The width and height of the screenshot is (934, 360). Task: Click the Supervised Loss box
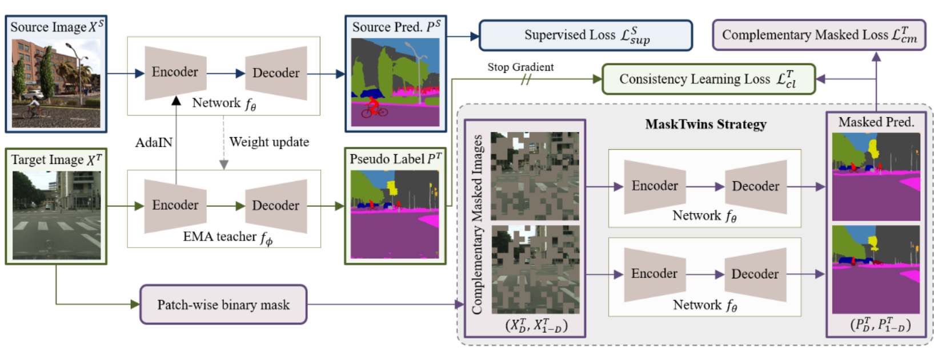[586, 35]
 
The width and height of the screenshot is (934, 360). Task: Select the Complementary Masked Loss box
[819, 35]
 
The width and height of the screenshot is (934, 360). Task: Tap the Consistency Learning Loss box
[708, 79]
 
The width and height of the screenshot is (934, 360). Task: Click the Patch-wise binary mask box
[223, 305]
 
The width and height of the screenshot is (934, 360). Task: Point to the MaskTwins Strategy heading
[705, 125]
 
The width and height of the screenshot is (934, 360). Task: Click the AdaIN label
[154, 142]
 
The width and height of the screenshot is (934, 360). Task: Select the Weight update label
[269, 142]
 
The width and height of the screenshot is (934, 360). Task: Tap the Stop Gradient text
[520, 67]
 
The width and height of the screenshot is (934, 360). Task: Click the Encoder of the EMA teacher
[175, 205]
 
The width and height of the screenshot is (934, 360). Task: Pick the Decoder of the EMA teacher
[276, 206]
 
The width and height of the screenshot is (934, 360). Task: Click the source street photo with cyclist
[56, 83]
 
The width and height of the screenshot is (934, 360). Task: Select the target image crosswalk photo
[56, 215]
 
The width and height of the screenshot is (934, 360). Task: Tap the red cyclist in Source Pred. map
[374, 106]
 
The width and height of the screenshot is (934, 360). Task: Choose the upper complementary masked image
[535, 176]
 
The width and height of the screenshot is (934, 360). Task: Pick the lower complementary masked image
[535, 269]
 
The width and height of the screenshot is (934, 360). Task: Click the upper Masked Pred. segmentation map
[876, 177]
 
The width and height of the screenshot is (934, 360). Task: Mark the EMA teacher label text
[227, 237]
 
